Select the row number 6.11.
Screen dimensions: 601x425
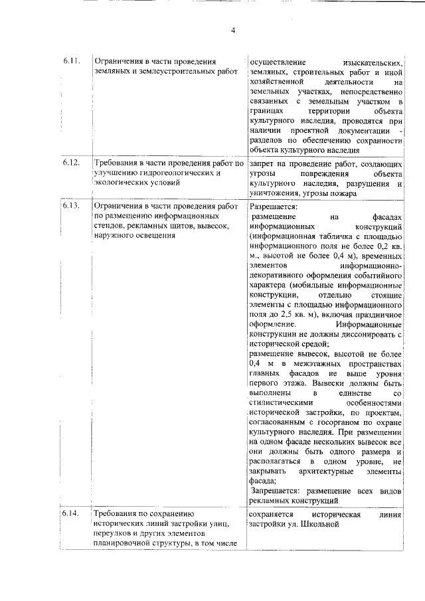(72, 61)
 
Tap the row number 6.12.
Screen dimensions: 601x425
(72, 163)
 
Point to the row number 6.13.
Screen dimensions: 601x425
(72, 206)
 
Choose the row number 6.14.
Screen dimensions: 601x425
(72, 514)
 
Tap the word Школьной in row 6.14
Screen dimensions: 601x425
(319, 524)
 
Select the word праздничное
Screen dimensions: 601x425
(378, 314)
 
